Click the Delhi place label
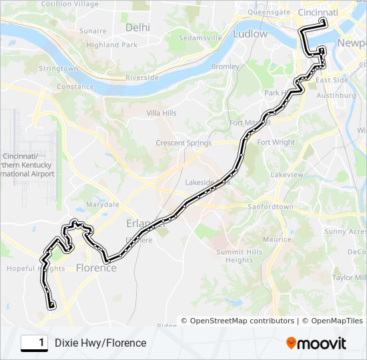click(137, 27)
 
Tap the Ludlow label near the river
click(250, 33)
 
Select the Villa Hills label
click(161, 113)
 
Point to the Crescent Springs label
click(183, 143)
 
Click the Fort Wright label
click(276, 142)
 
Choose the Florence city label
click(96, 268)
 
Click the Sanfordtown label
click(270, 207)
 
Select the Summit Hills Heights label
click(239, 256)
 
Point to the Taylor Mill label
click(351, 277)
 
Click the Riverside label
click(143, 77)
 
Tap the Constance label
click(75, 87)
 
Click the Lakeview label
click(287, 174)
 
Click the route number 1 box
click(35, 343)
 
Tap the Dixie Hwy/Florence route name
click(100, 343)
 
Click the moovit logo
click(316, 343)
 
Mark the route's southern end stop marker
click(51, 305)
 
